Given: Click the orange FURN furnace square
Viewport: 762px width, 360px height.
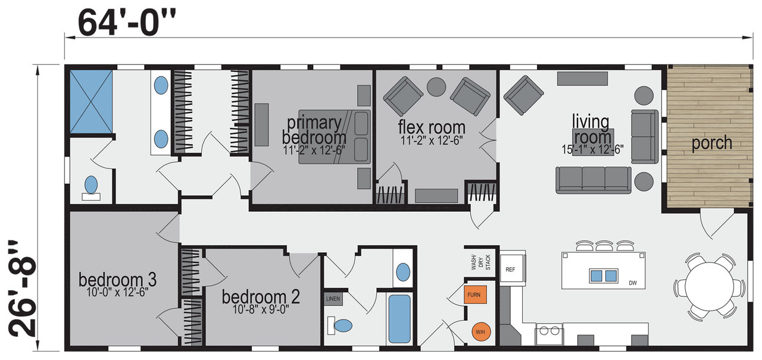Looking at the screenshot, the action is (475, 295).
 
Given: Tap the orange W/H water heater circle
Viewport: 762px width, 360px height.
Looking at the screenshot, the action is (481, 331).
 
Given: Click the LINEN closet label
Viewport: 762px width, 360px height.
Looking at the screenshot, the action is (333, 299).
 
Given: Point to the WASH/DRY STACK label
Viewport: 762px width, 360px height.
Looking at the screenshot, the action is (481, 262).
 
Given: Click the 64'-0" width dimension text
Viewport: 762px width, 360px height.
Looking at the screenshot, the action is (127, 23).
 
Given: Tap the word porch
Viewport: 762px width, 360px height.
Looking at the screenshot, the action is (711, 143).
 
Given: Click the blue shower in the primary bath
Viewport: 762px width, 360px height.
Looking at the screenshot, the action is (91, 102).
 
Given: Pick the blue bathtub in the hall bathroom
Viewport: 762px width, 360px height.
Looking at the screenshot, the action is (399, 319).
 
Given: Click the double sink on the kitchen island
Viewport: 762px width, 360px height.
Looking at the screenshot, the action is (604, 276).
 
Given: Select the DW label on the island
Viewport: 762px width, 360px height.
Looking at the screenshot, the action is (633, 283).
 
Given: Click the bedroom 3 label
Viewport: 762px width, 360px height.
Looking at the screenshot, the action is (118, 280).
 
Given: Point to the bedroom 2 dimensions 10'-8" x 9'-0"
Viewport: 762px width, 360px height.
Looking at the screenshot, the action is (261, 309).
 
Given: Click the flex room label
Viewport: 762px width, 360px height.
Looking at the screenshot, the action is (432, 127).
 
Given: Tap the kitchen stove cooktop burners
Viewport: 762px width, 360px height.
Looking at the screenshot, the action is (549, 330).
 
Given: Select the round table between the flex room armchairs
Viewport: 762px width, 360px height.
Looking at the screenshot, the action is (436, 87).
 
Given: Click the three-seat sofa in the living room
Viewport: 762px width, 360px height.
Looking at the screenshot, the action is (594, 180).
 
